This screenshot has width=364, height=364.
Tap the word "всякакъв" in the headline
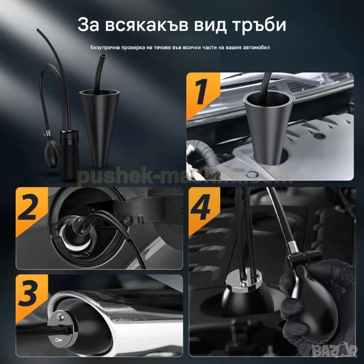pos(146,25)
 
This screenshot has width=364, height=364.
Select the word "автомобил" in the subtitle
pos(256,47)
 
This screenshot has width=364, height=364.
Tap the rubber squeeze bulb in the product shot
pos(52,153)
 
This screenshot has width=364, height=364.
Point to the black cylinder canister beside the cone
pos(69,155)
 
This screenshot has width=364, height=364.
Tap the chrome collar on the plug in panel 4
pos(242,282)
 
